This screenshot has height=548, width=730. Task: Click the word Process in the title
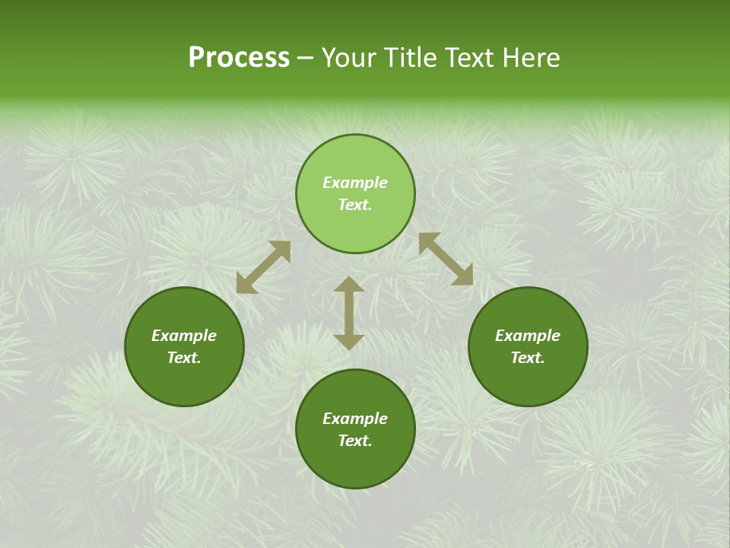click(x=239, y=58)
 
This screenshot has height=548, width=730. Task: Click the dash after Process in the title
click(x=306, y=59)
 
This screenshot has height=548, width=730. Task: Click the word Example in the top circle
click(x=355, y=183)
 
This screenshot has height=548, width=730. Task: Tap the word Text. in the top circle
click(x=355, y=205)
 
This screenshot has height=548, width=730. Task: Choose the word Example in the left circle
click(x=184, y=336)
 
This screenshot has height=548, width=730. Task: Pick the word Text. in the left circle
click(x=184, y=358)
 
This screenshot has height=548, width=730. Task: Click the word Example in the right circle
click(x=528, y=336)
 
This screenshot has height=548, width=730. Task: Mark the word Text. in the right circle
click(x=528, y=358)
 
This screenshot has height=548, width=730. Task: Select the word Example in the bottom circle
click(x=355, y=419)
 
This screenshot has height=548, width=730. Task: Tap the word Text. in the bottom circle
click(x=355, y=441)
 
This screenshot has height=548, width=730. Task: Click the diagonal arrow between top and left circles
click(x=263, y=267)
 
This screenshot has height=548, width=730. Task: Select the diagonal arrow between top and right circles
click(x=446, y=259)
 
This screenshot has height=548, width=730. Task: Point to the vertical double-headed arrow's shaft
click(x=349, y=313)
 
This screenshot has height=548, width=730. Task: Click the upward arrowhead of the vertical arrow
click(x=349, y=285)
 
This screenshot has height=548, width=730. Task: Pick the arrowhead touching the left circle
click(x=246, y=284)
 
